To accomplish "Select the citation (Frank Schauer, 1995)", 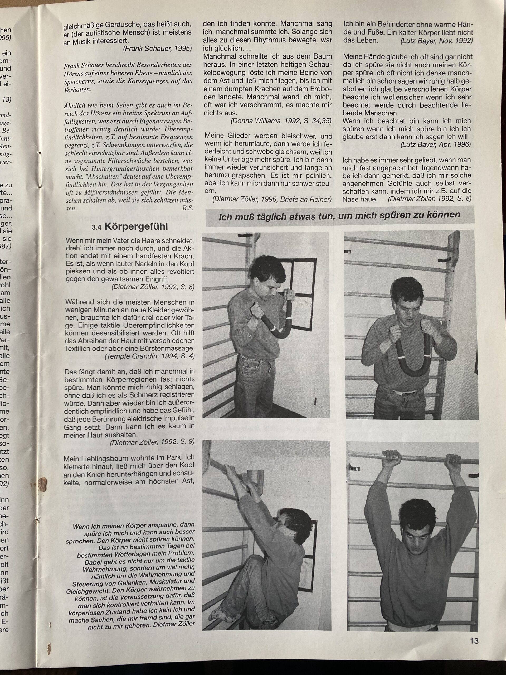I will (157, 49).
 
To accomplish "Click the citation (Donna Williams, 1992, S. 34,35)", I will (281, 120).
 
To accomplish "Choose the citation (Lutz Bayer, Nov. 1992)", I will (436, 41).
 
